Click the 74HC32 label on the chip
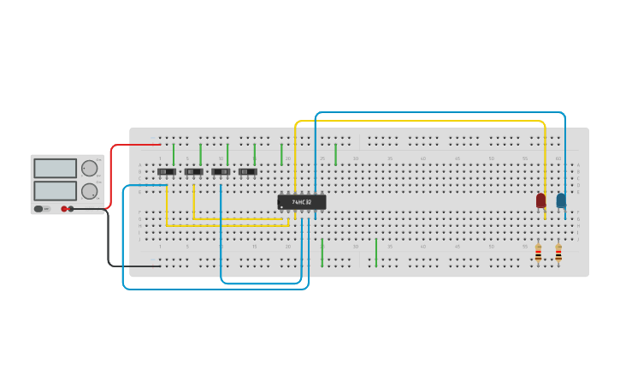pyautogui.click(x=302, y=202)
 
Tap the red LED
pyautogui.click(x=540, y=200)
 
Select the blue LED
pyautogui.click(x=561, y=200)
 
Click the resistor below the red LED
pyautogui.click(x=538, y=253)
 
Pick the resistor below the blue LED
pyautogui.click(x=558, y=253)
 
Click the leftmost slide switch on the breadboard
pyautogui.click(x=167, y=171)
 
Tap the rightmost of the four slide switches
pyautogui.click(x=248, y=171)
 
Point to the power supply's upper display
pyautogui.click(x=55, y=168)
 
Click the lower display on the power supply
pyautogui.click(x=55, y=190)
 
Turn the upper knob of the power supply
pyautogui.click(x=89, y=168)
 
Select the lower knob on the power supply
pyautogui.click(x=89, y=190)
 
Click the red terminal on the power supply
pyautogui.click(x=64, y=208)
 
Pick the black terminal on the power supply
pyautogui.click(x=71, y=208)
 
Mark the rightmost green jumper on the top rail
pyautogui.click(x=335, y=154)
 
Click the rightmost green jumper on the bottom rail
pyautogui.click(x=376, y=253)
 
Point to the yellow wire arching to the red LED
pyautogui.click(x=419, y=121)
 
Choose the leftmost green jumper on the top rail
pyautogui.click(x=174, y=154)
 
